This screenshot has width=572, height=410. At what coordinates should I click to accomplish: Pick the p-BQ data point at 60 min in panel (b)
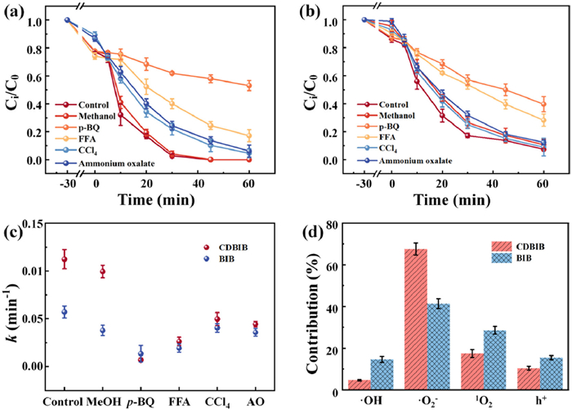tap(543, 104)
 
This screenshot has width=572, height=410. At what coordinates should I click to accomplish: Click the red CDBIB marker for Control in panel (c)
tap(65, 260)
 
